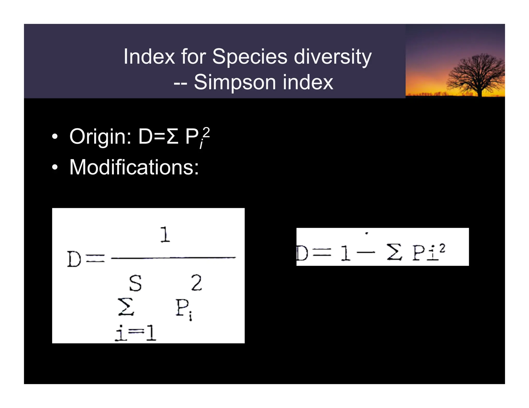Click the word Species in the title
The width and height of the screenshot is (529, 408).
pos(249,57)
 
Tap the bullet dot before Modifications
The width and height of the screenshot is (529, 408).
pos(55,167)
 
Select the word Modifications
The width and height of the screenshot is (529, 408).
pos(134,167)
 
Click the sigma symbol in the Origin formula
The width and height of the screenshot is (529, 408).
pos(173,136)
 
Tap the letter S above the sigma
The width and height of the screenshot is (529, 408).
pos(135,283)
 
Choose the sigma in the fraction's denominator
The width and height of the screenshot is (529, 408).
pos(126,307)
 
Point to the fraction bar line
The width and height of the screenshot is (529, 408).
pos(173,258)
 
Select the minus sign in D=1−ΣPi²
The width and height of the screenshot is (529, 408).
pos(366,252)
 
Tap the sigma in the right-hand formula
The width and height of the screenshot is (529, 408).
pos(394,252)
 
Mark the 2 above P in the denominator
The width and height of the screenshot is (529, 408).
pos(196,283)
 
